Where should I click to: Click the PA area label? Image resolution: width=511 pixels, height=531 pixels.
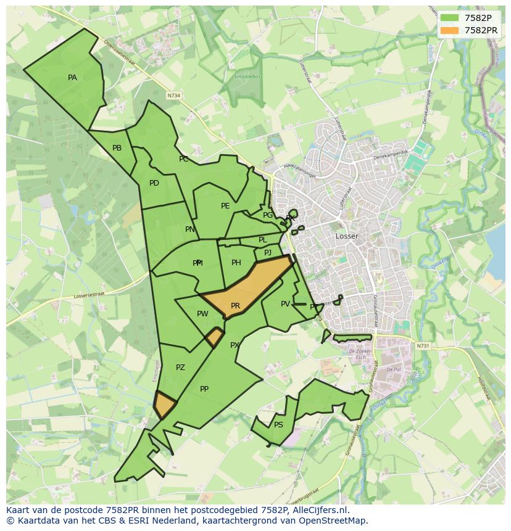click(72, 78)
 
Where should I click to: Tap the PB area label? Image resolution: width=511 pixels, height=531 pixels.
click(117, 148)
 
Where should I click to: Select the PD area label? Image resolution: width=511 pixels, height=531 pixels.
click(154, 183)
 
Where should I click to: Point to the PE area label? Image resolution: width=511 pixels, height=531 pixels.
click(225, 206)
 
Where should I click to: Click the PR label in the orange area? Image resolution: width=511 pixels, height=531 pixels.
click(235, 306)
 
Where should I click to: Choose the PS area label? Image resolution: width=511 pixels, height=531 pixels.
click(278, 425)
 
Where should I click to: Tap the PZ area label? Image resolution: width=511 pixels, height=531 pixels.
click(180, 368)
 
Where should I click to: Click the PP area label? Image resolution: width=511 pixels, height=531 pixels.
click(204, 389)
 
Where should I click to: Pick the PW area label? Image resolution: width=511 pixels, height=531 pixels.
click(202, 314)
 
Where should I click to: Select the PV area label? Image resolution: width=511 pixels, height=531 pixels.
click(285, 304)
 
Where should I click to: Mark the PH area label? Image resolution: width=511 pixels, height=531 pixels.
click(236, 263)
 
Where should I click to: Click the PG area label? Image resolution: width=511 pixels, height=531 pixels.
click(267, 215)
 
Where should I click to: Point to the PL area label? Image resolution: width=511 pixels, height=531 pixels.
click(262, 240)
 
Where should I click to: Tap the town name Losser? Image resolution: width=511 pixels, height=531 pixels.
click(346, 236)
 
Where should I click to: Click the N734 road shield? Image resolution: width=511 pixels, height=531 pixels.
click(174, 96)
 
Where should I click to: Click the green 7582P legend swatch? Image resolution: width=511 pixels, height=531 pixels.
click(449, 18)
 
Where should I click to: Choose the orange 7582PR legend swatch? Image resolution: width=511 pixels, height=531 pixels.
click(449, 30)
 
